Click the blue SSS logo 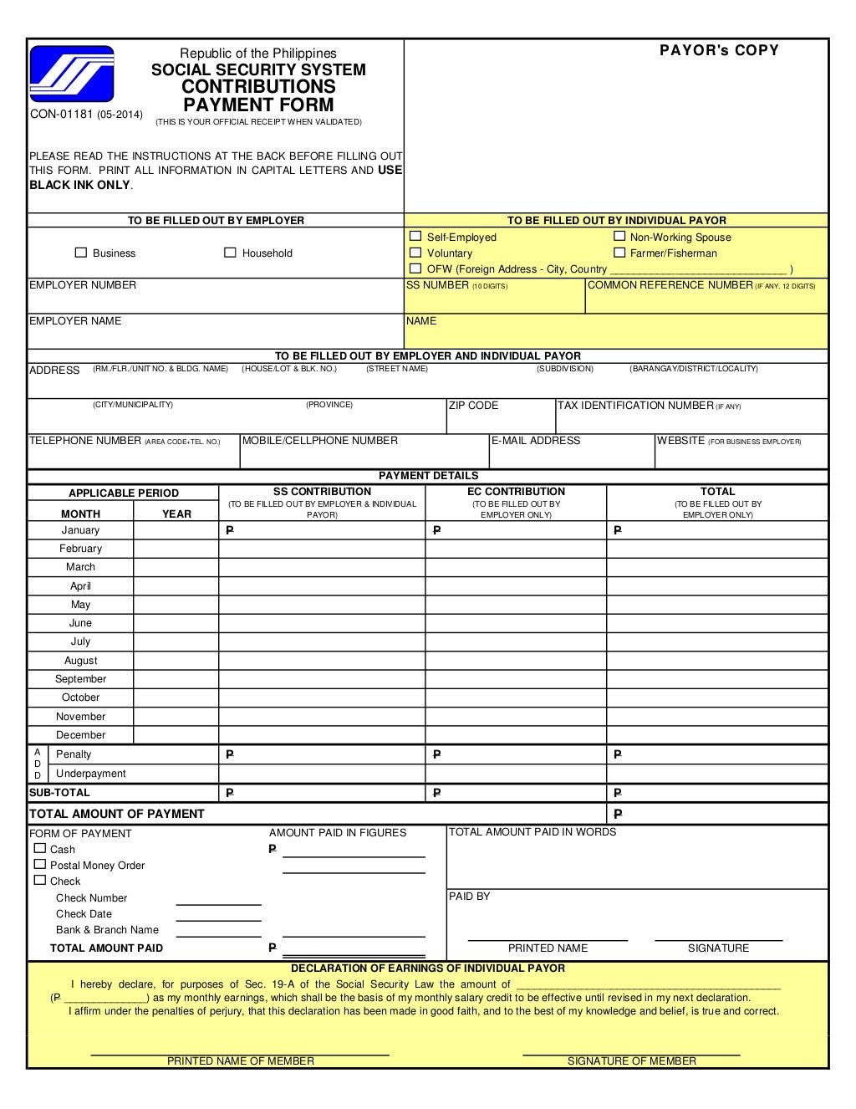click(71, 74)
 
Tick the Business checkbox click(81, 253)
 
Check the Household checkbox click(230, 253)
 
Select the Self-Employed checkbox click(415, 237)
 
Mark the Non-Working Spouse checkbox click(619, 237)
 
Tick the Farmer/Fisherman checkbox click(619, 253)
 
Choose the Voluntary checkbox click(415, 253)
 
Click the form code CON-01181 click(62, 114)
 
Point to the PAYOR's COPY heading click(719, 50)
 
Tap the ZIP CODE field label click(473, 406)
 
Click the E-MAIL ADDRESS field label click(535, 441)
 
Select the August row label click(80, 661)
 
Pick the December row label click(80, 735)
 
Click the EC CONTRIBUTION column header click(516, 492)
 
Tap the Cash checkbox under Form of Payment click(40, 848)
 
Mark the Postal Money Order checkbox click(40, 864)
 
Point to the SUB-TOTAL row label click(59, 793)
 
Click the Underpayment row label click(90, 774)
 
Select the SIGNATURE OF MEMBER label click(631, 1061)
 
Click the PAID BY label click(469, 897)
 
